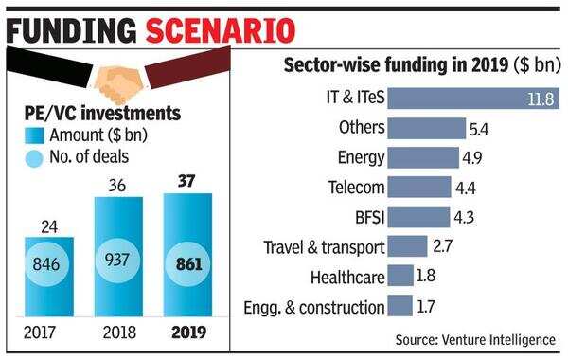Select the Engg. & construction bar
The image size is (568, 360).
[400, 305]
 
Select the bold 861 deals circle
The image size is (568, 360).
[186, 262]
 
